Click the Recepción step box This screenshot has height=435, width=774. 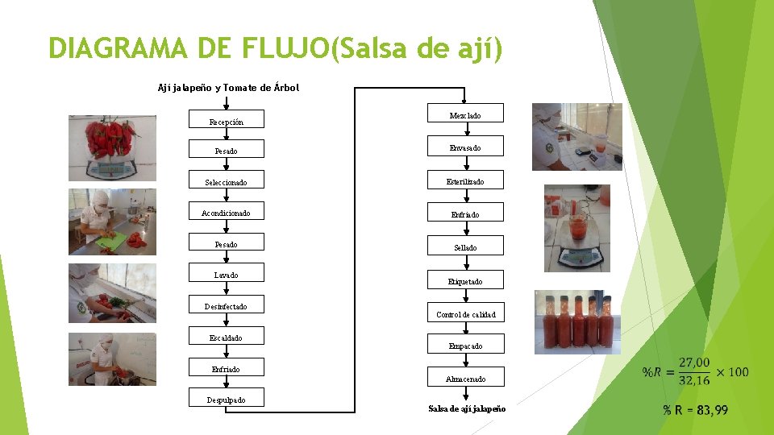pos(226,122)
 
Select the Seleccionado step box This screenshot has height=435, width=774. pos(226,182)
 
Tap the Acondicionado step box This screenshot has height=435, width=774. pos(226,213)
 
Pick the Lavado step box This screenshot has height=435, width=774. pos(226,275)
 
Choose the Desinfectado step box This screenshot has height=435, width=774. pos(226,307)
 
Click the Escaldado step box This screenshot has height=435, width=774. pos(226,338)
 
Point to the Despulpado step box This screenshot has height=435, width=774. pos(226,400)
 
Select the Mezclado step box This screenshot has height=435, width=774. pos(465,114)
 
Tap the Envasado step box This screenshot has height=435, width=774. pos(465,147)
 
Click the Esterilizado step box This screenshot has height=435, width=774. pos(465,180)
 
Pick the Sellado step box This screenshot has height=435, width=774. pos(465,246)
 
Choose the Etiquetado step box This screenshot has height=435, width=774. pos(465,280)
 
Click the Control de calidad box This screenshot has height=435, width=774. pos(465,313)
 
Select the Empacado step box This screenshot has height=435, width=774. pos(465,345)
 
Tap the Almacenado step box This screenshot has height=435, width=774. pos(465,378)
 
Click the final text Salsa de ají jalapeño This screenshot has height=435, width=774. pos(467,408)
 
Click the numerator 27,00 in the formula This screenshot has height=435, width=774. pos(694,362)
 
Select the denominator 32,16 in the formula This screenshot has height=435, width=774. pos(694,380)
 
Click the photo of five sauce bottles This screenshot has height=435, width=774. pos(577,322)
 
